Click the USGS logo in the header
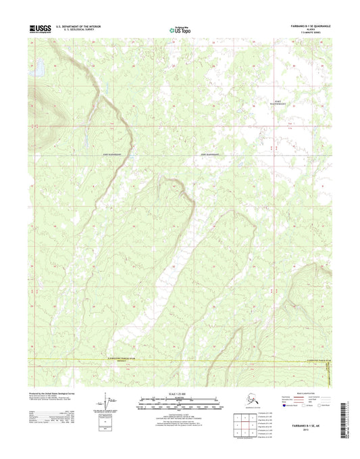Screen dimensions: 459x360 pyautogui.click(x=41, y=28)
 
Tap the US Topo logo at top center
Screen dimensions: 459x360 pyautogui.click(x=179, y=29)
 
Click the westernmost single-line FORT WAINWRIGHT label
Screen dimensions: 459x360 pyautogui.click(x=113, y=154)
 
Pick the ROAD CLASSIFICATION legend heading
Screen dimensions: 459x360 pyautogui.click(x=301, y=396)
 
